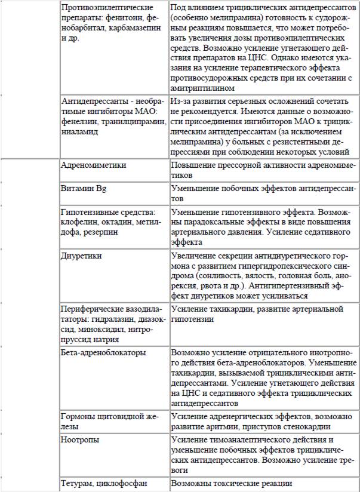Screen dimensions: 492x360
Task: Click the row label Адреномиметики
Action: [89, 164]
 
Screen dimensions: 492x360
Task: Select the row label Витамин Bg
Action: [84, 189]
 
